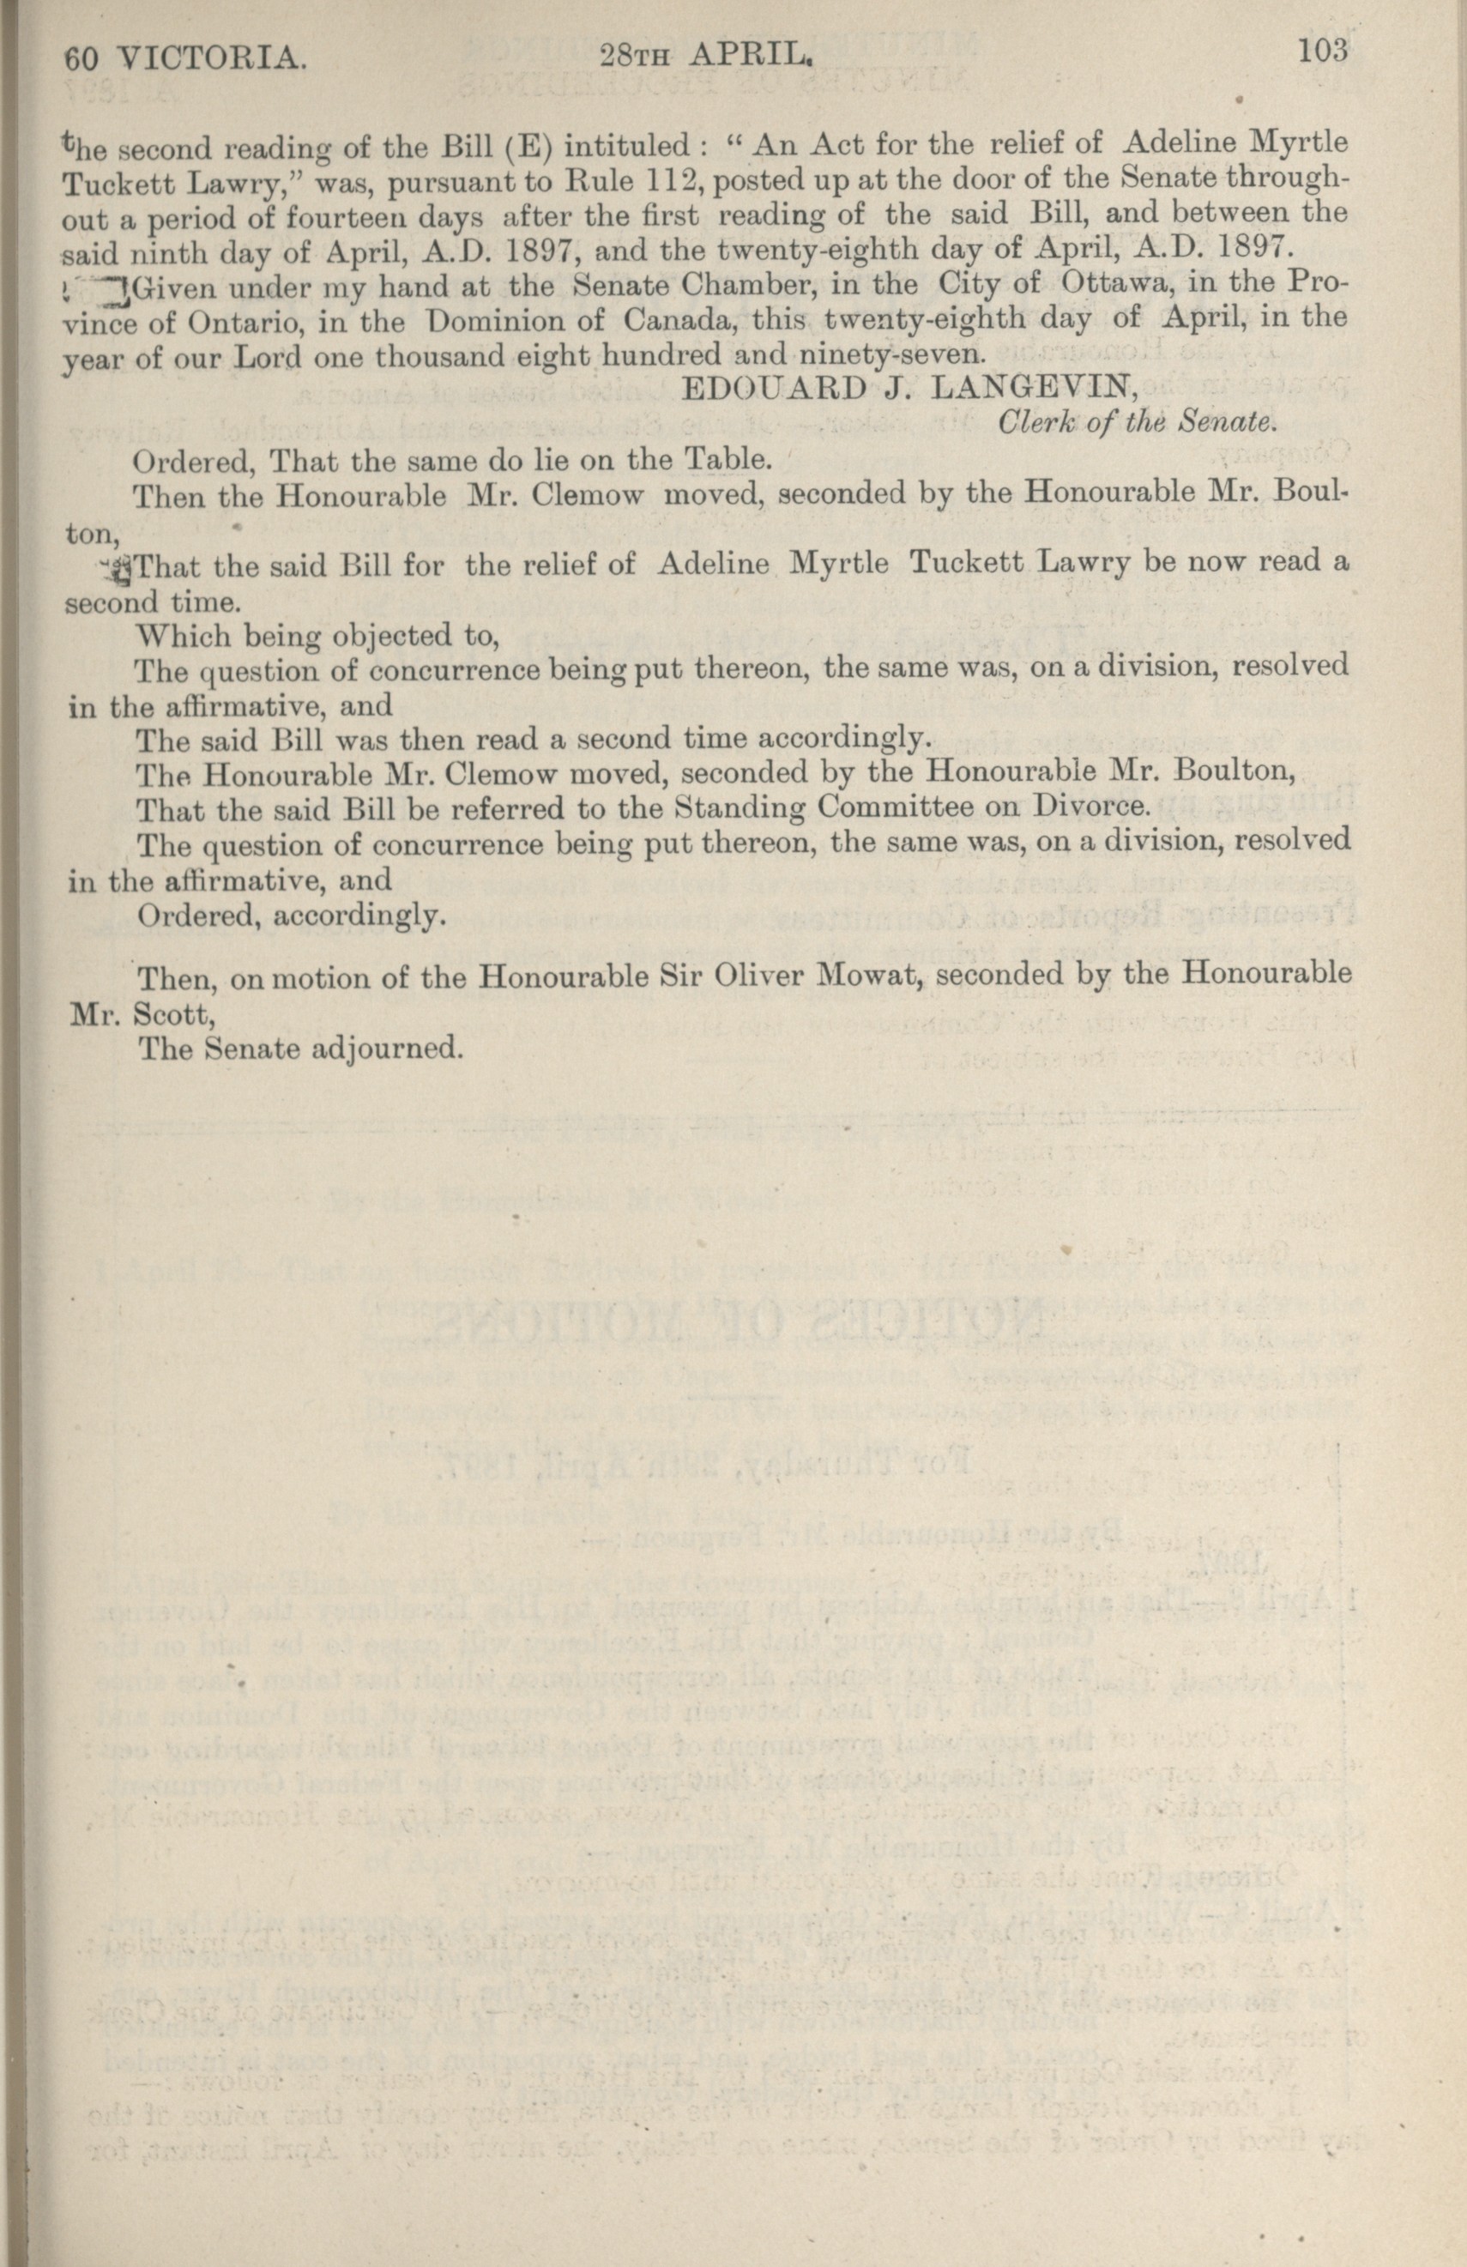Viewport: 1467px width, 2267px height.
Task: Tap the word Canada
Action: click(684, 317)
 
